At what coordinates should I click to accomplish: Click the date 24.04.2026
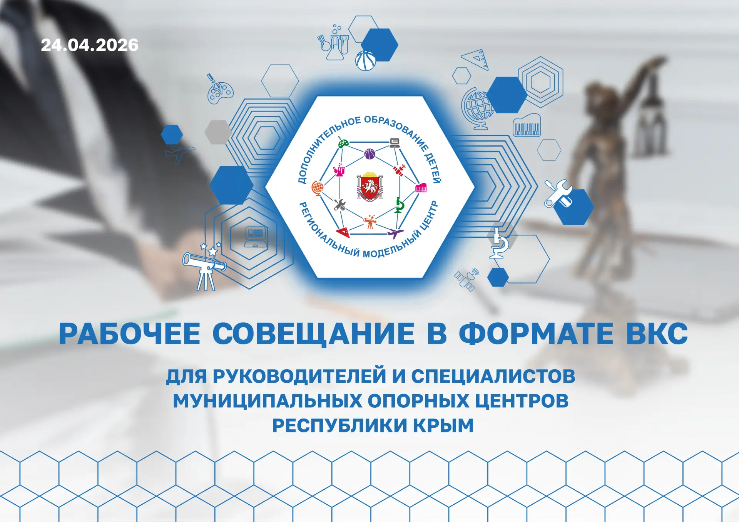tap(90, 45)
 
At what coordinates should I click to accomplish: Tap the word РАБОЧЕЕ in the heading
tap(129, 334)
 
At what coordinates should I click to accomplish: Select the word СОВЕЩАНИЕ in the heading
tap(313, 334)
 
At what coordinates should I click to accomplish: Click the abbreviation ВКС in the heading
tap(657, 334)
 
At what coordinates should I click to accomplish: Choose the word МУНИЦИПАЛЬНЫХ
tap(268, 401)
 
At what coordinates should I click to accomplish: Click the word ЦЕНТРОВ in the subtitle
tap(522, 401)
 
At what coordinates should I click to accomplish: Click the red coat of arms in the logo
tap(370, 187)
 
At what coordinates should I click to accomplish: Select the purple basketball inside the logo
tap(369, 154)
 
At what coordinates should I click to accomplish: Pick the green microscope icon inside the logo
tap(399, 205)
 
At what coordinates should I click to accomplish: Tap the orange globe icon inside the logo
tap(318, 188)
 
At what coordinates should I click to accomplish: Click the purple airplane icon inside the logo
tap(395, 233)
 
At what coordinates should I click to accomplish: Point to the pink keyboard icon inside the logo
tap(421, 188)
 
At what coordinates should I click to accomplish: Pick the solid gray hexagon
tap(218, 132)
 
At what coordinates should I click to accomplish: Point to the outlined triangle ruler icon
tap(476, 60)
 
